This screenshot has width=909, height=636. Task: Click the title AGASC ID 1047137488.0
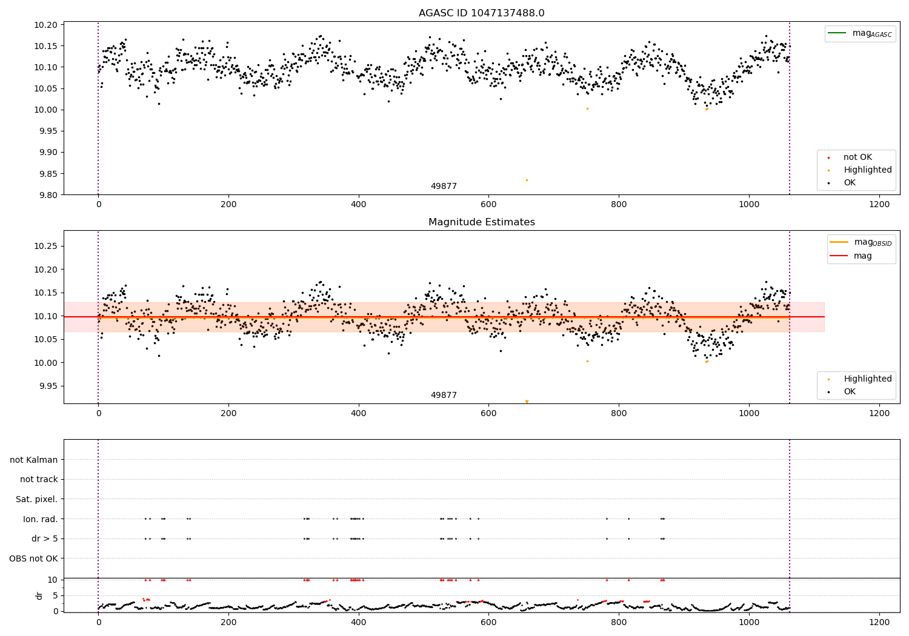click(x=481, y=13)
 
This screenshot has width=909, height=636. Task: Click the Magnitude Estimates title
click(x=481, y=222)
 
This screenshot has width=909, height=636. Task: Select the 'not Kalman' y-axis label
click(x=34, y=460)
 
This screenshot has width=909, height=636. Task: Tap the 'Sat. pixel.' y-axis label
click(x=36, y=499)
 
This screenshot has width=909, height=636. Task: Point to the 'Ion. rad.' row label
click(x=41, y=519)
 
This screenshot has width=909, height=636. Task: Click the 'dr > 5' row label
click(x=45, y=538)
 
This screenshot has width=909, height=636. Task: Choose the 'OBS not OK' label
click(x=33, y=558)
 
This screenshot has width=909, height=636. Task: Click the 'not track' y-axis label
click(x=39, y=479)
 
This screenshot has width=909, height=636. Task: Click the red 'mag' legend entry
click(x=862, y=256)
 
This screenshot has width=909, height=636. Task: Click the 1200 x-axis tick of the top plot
click(x=879, y=205)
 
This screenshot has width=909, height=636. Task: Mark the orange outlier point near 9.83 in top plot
click(x=527, y=180)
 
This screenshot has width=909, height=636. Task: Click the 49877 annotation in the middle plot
click(x=444, y=395)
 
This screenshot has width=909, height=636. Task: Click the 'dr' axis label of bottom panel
click(x=39, y=595)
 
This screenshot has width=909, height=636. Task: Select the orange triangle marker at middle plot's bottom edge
click(x=527, y=402)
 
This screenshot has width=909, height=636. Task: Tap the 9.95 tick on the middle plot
click(x=48, y=386)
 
